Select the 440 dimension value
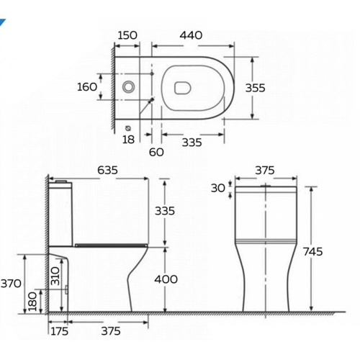[x=190, y=35]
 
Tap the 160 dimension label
[x=88, y=87]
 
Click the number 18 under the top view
[x=129, y=139]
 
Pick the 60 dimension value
[x=157, y=152]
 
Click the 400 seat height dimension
[x=165, y=279]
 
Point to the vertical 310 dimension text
[x=55, y=275]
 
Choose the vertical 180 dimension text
[x=32, y=301]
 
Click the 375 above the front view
[x=265, y=171]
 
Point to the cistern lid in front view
[x=266, y=189]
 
